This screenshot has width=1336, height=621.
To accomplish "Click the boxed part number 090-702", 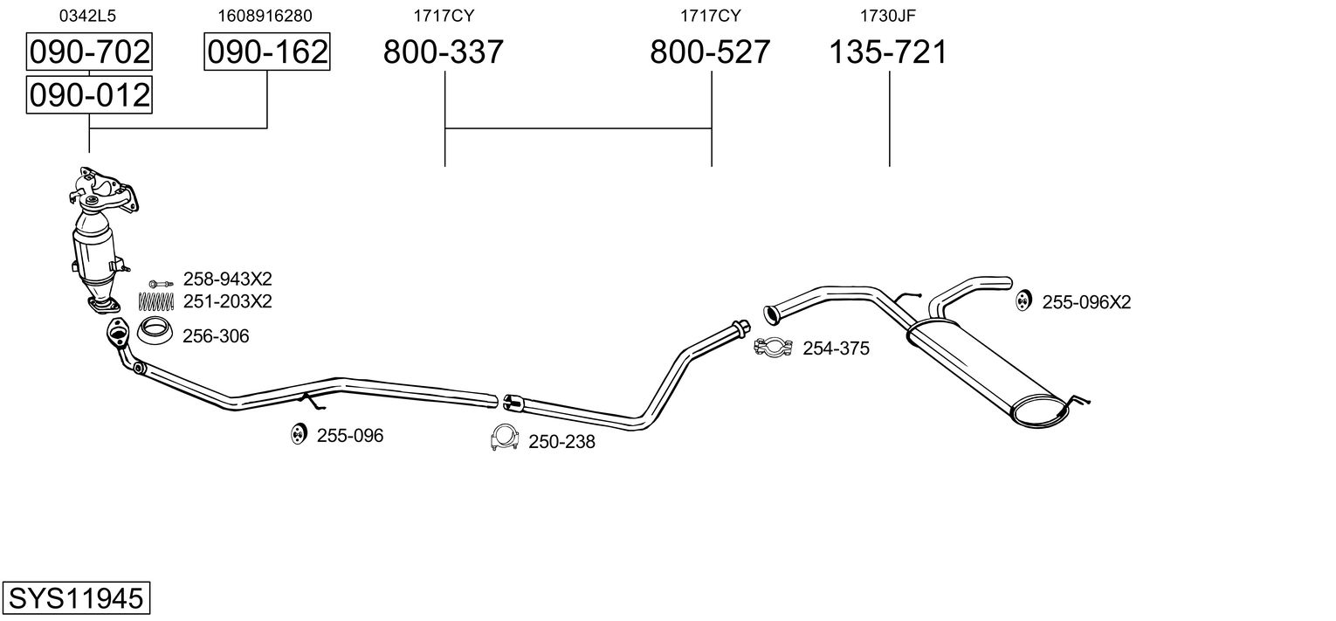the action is [89, 52].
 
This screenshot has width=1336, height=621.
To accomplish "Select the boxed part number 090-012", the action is [89, 95].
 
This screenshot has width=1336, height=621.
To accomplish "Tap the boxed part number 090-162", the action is [267, 52].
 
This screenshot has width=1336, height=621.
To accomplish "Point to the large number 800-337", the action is [443, 52].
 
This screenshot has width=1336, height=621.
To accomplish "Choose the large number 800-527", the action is [710, 52].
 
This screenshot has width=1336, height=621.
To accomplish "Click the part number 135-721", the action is [888, 52].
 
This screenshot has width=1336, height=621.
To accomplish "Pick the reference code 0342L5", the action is [87, 16].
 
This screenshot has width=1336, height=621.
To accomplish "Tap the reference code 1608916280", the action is [265, 16].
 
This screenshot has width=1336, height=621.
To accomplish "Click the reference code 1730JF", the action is [887, 16].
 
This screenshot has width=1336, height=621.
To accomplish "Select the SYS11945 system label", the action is [76, 597].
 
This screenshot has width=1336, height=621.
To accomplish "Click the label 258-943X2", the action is [227, 279].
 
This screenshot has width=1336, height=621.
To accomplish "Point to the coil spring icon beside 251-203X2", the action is [155, 302].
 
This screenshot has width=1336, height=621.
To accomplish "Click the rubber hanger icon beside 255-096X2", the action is [1023, 300].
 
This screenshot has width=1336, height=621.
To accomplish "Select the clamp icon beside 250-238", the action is [504, 438].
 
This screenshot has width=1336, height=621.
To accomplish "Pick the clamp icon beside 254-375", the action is [773, 348].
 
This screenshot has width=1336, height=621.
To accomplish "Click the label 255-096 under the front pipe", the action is [350, 436].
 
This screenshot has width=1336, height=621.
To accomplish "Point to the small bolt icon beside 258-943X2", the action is [161, 283].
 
